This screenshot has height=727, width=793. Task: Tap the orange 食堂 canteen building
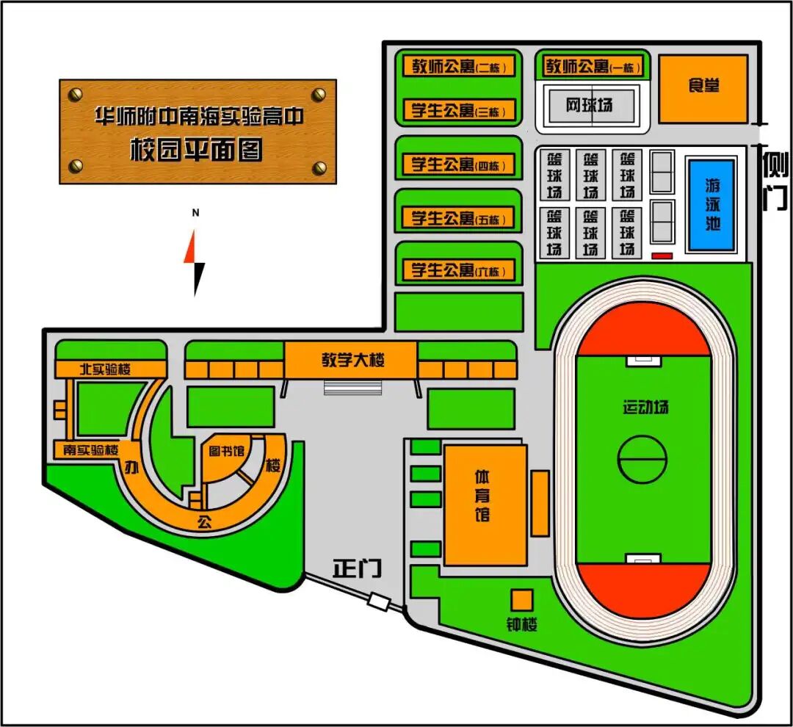(703, 89)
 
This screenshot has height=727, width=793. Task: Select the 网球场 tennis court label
(589, 105)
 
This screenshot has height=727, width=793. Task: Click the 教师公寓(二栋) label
(459, 66)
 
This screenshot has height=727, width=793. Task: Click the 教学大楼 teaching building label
(353, 360)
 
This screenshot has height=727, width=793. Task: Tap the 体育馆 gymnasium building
(485, 505)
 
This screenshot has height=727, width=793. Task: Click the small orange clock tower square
(521, 601)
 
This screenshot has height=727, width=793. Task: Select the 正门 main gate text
(357, 568)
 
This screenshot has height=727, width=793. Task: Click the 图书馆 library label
(227, 450)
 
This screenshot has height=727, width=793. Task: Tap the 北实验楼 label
(106, 369)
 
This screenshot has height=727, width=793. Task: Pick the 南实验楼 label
(91, 449)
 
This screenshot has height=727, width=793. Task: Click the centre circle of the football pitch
(642, 460)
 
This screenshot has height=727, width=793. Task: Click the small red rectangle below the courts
(662, 256)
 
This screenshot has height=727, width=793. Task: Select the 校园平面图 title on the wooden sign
(197, 150)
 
